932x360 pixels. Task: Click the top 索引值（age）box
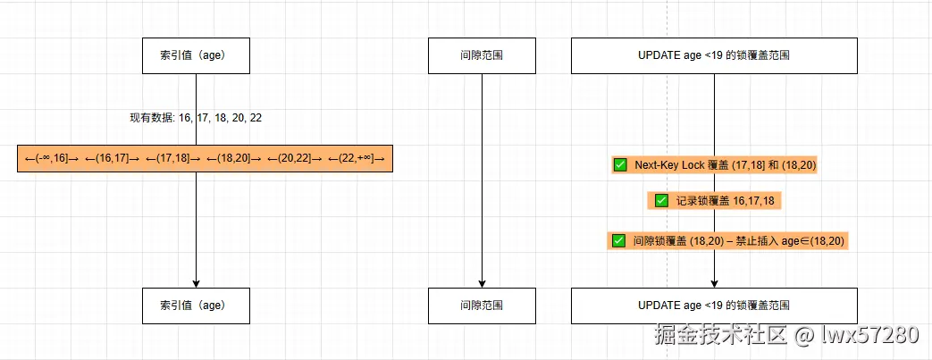point(196,55)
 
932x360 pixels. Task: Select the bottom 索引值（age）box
point(196,306)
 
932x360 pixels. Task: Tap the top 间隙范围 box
point(482,55)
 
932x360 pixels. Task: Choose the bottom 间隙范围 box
point(482,306)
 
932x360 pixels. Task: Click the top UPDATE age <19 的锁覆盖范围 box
point(714,55)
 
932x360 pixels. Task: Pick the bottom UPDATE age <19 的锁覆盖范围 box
point(714,306)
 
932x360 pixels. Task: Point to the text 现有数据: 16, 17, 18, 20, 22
point(196,118)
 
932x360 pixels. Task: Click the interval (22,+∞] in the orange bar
point(357,159)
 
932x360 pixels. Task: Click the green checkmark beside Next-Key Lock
point(620,164)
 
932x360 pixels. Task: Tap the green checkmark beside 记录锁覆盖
point(661,201)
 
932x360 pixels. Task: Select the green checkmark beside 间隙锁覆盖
point(618,240)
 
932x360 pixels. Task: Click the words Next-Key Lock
point(669,165)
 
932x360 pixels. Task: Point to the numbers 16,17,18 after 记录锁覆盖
point(753,202)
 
